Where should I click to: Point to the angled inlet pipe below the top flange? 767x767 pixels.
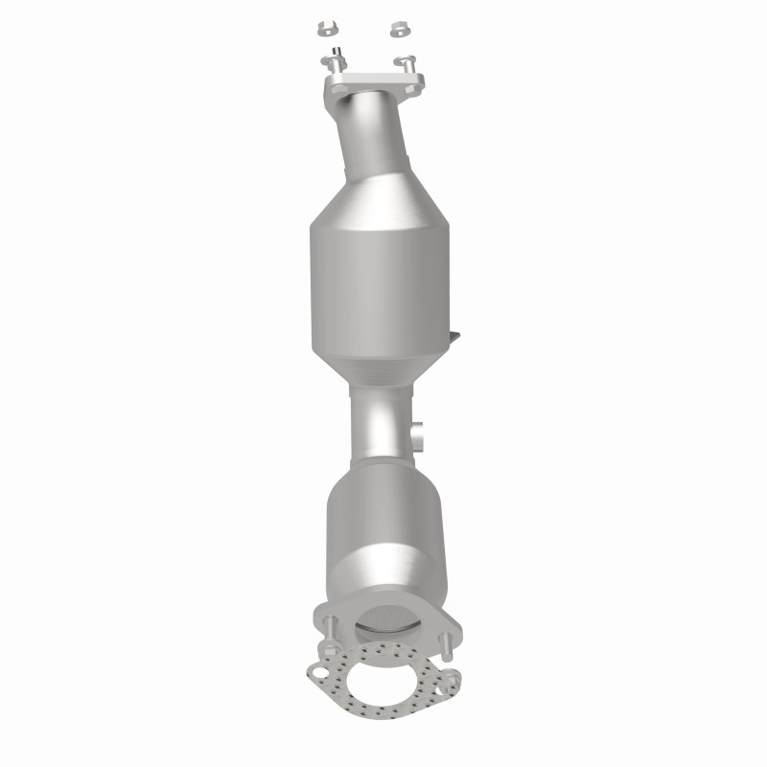pyautogui.click(x=375, y=134)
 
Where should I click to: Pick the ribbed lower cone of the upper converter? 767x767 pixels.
pyautogui.click(x=379, y=369)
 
